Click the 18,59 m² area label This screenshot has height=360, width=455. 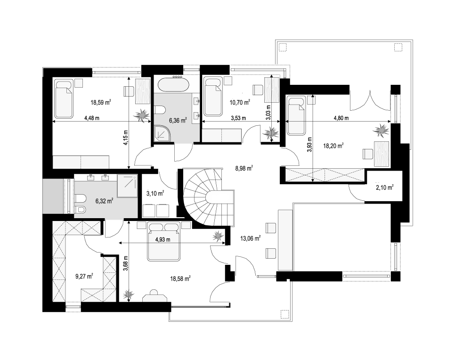(101, 102)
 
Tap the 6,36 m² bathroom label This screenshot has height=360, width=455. (178, 120)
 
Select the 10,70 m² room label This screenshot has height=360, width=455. (240, 102)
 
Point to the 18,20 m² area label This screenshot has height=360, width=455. (333, 146)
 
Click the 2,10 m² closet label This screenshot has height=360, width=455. (385, 188)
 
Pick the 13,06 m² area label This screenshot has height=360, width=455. (251, 238)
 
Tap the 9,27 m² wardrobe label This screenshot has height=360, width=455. (84, 276)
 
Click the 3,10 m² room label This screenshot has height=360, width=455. (155, 193)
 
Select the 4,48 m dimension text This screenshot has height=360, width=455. (92, 118)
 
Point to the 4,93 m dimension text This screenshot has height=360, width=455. (163, 239)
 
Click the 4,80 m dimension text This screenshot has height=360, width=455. (341, 118)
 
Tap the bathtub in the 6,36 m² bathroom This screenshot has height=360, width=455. (173, 85)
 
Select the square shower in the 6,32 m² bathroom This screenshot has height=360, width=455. (127, 186)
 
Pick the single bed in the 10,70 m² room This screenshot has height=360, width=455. (213, 97)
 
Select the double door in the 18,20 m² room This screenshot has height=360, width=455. (370, 100)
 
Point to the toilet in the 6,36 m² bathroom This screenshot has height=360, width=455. (160, 110)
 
